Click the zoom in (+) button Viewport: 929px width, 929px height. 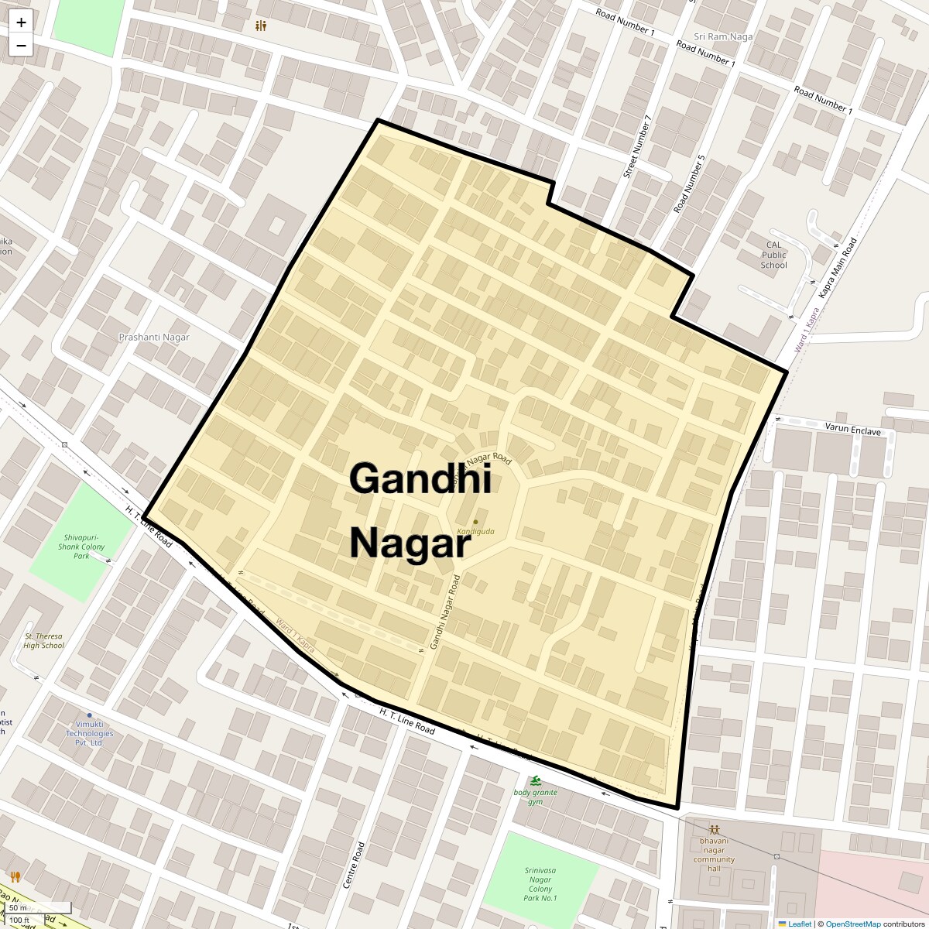tap(21, 22)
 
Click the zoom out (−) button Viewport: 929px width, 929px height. tap(21, 46)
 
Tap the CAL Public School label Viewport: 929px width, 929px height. tap(773, 255)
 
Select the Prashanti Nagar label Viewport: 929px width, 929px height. tap(154, 338)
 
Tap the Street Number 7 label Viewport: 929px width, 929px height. tap(638, 147)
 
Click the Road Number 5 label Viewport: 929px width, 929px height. tap(690, 184)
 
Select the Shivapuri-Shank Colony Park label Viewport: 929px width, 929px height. tap(81, 546)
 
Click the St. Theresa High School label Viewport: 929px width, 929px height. tap(43, 640)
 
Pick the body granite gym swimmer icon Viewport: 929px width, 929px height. tap(536, 780)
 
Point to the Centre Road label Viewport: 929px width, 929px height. tap(358, 866)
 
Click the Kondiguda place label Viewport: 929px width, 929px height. tap(475, 532)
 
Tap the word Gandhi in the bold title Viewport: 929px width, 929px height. tap(420, 478)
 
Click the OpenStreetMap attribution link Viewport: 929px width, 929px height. tap(852, 924)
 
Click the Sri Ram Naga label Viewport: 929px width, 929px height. tap(723, 36)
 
